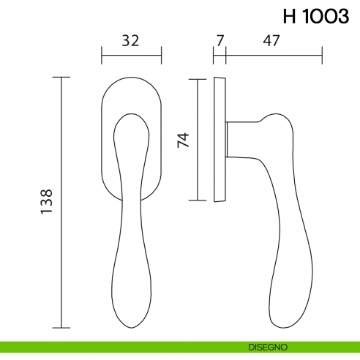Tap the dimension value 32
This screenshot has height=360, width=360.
pyautogui.click(x=130, y=41)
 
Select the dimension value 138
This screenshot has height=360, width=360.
pyautogui.click(x=45, y=203)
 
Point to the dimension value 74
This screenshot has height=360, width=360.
pyautogui.click(x=184, y=139)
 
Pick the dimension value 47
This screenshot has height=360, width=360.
pyautogui.click(x=273, y=41)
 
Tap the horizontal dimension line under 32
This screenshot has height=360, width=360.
pyautogui.click(x=130, y=54)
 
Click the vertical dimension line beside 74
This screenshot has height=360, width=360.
pyautogui.click(x=198, y=138)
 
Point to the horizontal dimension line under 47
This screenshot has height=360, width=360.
pyautogui.click(x=273, y=54)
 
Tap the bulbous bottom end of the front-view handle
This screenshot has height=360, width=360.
pyautogui.click(x=130, y=300)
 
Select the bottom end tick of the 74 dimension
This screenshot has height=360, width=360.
pyautogui.click(x=198, y=200)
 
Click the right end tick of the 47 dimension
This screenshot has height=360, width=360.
pyautogui.click(x=321, y=54)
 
